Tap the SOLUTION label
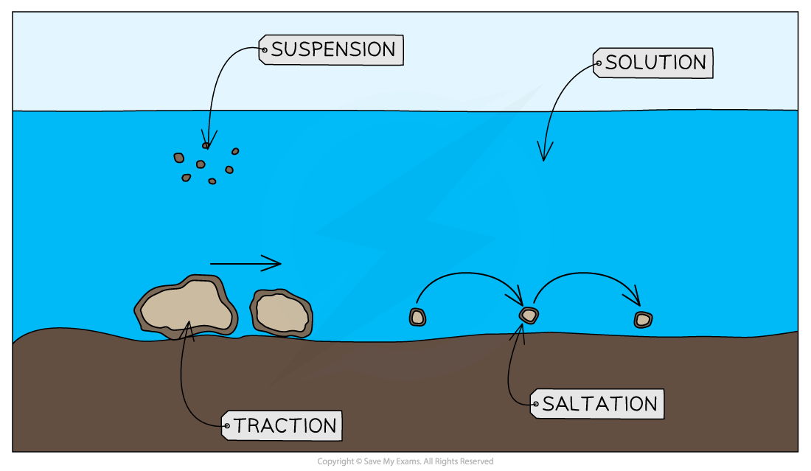click(x=655, y=63)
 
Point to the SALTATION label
click(x=599, y=404)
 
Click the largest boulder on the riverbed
click(x=187, y=306)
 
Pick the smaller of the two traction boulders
click(x=281, y=313)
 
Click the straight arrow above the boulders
click(x=245, y=262)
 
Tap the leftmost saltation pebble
click(x=418, y=317)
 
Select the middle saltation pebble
click(x=529, y=315)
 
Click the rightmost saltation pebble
click(x=643, y=319)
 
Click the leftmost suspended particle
click(x=179, y=158)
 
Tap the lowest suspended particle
click(x=212, y=181)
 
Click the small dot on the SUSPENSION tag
click(x=265, y=50)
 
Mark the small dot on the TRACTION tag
click(x=226, y=425)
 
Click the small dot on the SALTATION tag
click(x=535, y=404)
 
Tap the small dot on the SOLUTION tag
click(x=598, y=63)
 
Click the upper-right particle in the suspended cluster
click(x=235, y=151)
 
